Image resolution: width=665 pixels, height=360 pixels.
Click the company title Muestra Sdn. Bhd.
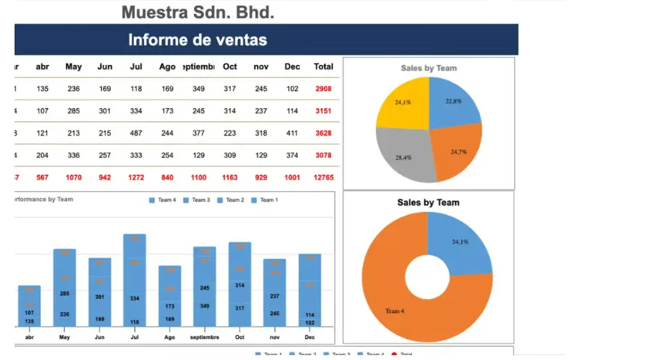click(197, 12)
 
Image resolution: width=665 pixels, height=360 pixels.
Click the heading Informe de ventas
click(197, 39)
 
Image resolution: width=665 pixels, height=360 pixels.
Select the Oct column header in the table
click(230, 66)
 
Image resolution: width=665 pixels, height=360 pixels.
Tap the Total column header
click(323, 66)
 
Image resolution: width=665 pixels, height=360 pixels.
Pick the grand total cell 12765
click(323, 177)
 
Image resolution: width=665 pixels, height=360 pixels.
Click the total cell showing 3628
click(323, 133)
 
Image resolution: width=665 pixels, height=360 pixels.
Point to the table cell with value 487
click(136, 133)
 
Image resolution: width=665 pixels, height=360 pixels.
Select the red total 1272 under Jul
click(136, 177)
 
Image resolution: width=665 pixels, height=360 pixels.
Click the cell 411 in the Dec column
click(292, 133)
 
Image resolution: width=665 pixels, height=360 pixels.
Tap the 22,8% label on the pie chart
click(454, 101)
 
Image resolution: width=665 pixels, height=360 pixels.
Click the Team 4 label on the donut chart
click(395, 311)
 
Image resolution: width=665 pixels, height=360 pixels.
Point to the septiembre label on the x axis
click(204, 337)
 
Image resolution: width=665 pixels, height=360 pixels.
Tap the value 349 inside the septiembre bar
click(204, 305)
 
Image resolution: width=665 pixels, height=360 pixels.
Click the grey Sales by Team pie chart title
click(429, 68)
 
